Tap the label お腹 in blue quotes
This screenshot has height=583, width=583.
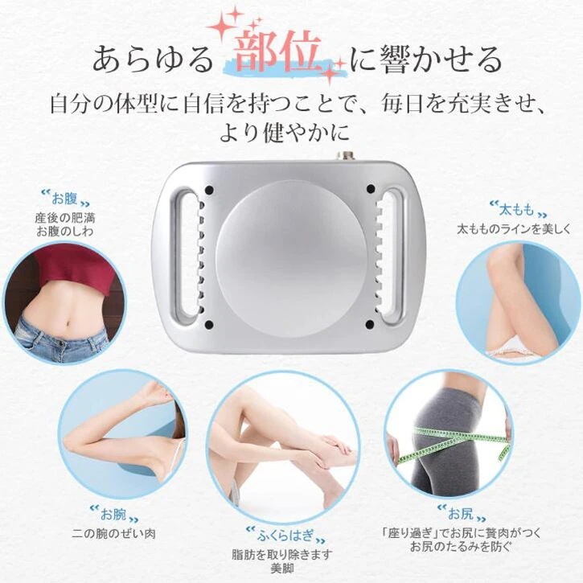[64, 199]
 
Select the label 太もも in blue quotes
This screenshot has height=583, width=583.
[515, 211]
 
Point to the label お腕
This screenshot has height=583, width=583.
[113, 512]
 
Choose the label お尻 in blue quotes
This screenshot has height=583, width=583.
[459, 511]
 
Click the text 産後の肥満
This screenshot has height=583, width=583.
[64, 217]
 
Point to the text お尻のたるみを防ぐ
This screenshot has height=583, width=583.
[459, 548]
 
